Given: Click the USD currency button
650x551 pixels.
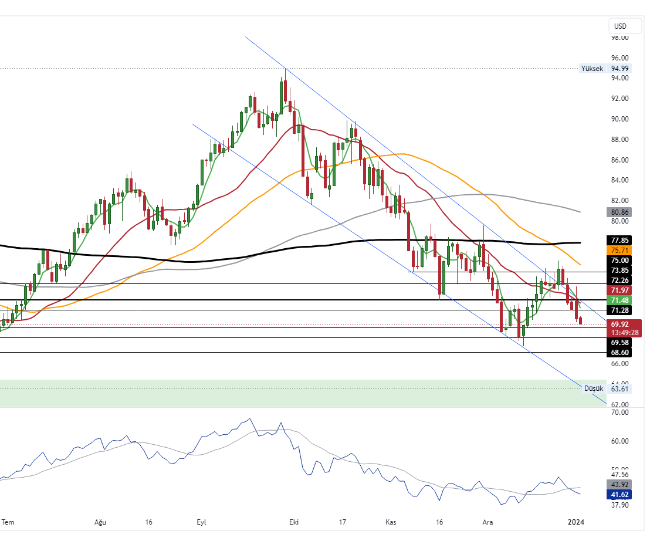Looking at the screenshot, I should pyautogui.click(x=620, y=26).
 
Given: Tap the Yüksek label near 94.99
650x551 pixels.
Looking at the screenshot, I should pyautogui.click(x=591, y=69).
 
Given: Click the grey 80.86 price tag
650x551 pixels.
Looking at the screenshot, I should pyautogui.click(x=620, y=212).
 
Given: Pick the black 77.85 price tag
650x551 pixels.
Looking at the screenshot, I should pyautogui.click(x=620, y=241).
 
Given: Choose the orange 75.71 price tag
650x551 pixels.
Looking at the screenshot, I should pyautogui.click(x=620, y=250).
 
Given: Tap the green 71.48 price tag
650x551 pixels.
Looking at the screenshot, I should pyautogui.click(x=620, y=300).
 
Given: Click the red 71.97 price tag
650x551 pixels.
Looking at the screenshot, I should pyautogui.click(x=620, y=290).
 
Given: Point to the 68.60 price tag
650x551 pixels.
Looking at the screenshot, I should pyautogui.click(x=620, y=352).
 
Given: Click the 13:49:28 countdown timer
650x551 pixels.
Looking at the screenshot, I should pyautogui.click(x=624, y=333).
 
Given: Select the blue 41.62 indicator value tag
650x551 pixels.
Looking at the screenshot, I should pyautogui.click(x=620, y=495).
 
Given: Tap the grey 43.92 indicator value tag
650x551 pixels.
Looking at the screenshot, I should pyautogui.click(x=620, y=485).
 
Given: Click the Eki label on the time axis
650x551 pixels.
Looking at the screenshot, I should pyautogui.click(x=293, y=522).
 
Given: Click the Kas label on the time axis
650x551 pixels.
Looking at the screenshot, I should pyautogui.click(x=391, y=522).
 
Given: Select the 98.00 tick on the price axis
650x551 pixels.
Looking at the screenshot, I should pyautogui.click(x=620, y=38).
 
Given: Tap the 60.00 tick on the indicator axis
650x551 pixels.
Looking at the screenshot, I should pyautogui.click(x=620, y=441).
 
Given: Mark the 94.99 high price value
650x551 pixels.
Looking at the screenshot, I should pyautogui.click(x=620, y=69).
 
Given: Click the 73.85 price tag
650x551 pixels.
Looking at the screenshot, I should pyautogui.click(x=620, y=271).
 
